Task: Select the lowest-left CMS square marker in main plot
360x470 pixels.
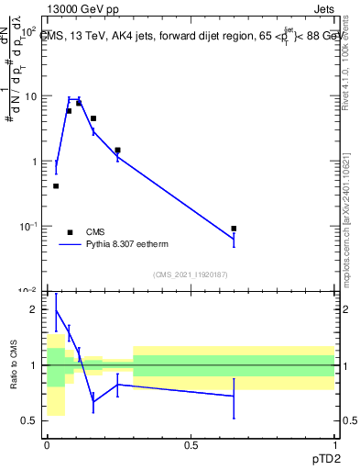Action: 56,186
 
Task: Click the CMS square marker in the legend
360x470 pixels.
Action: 70,232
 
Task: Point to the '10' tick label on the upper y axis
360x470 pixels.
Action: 29,96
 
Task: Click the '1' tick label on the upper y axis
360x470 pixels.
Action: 33,162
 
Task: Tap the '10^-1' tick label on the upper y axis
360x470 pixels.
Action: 27,226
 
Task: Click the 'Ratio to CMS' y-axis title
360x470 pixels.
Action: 12,365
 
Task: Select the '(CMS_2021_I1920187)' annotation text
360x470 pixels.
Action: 190,274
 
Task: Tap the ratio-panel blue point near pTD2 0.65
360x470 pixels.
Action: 234,396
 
